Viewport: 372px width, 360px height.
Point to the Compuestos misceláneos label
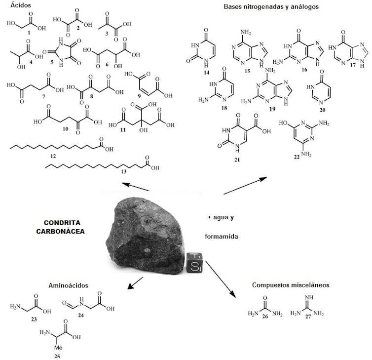[x=290, y=285]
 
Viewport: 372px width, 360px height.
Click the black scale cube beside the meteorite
[x=194, y=262]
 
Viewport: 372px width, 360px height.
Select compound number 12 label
[x=52, y=156]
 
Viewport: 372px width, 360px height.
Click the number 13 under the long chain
[x=124, y=171]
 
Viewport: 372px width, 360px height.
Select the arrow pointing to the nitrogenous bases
[x=245, y=186]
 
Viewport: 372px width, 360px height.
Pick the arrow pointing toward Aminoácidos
[x=135, y=284]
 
